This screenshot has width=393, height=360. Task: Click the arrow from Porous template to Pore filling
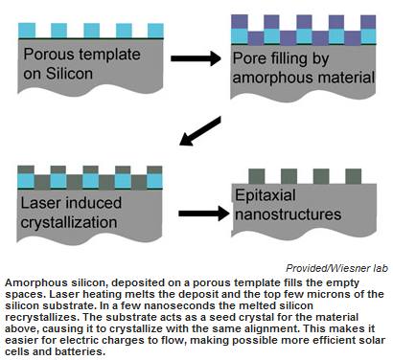[x=196, y=58]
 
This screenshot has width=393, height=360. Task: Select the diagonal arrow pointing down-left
[x=200, y=131]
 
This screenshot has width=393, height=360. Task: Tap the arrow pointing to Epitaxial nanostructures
[x=204, y=214]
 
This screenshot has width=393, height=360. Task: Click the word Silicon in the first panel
[x=69, y=74]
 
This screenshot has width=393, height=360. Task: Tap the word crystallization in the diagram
[x=69, y=223]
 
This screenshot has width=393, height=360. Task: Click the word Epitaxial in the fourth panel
[x=265, y=195]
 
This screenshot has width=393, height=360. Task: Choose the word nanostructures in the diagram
[x=288, y=214]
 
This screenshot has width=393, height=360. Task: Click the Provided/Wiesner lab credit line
[x=337, y=268]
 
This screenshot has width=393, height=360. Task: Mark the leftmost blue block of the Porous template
[x=27, y=31]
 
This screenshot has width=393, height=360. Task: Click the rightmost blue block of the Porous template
[x=155, y=31]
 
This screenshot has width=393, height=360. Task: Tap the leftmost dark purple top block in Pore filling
[x=240, y=22]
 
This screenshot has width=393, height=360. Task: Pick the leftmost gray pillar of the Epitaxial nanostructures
[x=257, y=176]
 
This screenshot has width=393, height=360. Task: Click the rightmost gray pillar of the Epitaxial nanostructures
[x=354, y=176]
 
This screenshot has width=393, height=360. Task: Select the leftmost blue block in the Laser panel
[x=26, y=181]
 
